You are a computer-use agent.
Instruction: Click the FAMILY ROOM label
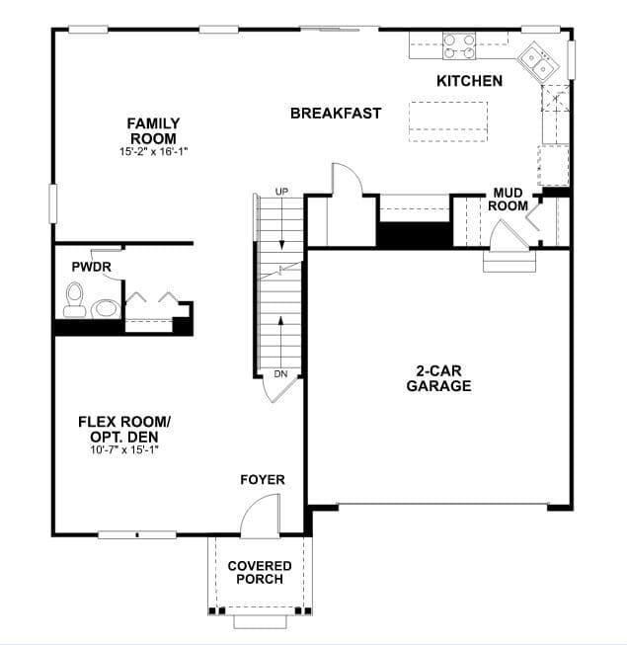[x=153, y=130]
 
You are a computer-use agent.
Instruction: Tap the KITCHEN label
[x=470, y=81]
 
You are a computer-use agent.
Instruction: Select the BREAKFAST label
[x=336, y=114]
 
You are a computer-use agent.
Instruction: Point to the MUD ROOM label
[x=509, y=200]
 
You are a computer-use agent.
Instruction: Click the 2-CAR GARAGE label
[x=439, y=378]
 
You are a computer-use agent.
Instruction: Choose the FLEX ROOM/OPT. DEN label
[x=124, y=429]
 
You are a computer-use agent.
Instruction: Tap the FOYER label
[x=263, y=480]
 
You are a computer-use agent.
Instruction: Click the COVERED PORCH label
[x=260, y=572]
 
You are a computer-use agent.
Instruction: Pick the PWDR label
[x=91, y=267]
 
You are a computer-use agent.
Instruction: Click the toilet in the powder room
[x=74, y=300]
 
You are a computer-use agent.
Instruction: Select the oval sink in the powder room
[x=106, y=308]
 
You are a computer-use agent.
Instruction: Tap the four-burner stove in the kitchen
[x=459, y=45]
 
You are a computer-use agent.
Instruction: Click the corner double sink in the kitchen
[x=538, y=62]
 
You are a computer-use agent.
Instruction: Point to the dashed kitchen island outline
[x=448, y=121]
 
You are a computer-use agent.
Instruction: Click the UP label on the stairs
[x=281, y=192]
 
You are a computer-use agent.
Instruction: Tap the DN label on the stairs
[x=280, y=374]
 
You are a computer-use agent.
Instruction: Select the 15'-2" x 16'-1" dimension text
[x=153, y=152]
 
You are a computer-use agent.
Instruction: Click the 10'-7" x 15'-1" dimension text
[x=124, y=449]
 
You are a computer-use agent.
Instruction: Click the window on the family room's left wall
[x=52, y=204]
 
